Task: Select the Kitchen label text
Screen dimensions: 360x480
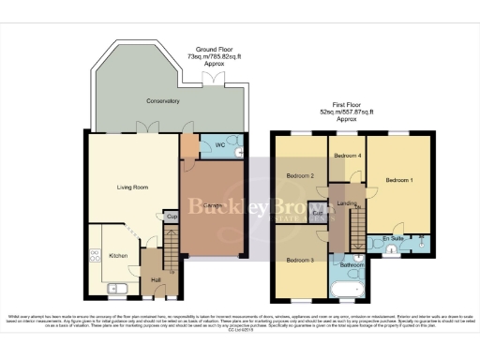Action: pos(118,255)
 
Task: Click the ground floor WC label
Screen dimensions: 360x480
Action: pos(221,146)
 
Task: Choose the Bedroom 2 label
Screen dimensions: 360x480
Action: pos(300,175)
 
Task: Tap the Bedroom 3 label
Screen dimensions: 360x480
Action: pos(300,259)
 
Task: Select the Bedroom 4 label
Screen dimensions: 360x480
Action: pos(347,155)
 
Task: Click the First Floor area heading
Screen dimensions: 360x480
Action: pos(345,111)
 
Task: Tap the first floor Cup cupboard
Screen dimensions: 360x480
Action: pos(319,214)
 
